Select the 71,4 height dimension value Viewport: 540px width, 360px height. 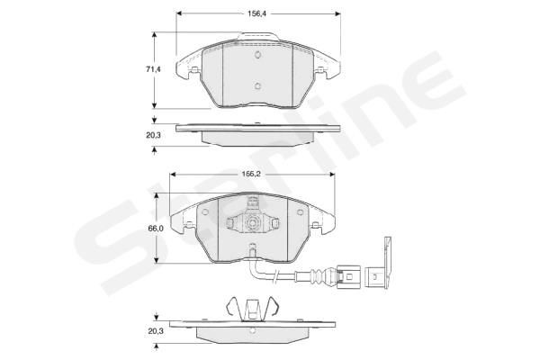pyautogui.click(x=153, y=69)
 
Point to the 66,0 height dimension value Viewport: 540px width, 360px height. pyautogui.click(x=155, y=229)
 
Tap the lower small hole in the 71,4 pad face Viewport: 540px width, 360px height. pyautogui.click(x=257, y=87)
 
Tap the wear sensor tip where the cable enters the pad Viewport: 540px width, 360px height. pyautogui.click(x=253, y=253)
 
